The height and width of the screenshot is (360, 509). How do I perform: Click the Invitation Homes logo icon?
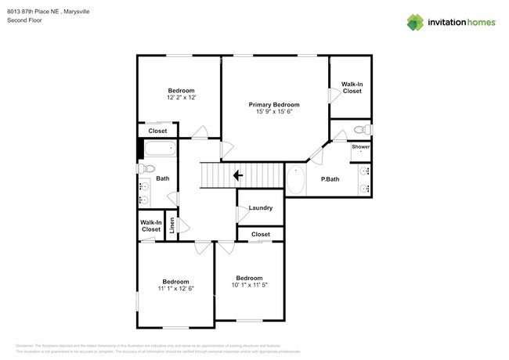pos(416,22)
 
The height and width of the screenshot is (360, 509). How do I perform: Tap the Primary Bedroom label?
pos(274,104)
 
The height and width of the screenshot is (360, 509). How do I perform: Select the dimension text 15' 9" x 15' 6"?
pos(274,112)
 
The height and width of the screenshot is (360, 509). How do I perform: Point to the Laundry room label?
pos(260,207)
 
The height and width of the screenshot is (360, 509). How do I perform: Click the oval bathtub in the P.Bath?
pos(297,181)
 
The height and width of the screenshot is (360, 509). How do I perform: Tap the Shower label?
pos(360,146)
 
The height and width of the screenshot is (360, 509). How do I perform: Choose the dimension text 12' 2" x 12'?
pos(181,98)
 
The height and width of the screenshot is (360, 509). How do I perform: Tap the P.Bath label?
pos(330,179)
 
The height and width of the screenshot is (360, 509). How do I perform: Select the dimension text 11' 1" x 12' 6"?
pos(175,289)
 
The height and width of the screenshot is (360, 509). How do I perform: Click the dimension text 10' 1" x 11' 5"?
pos(249,285)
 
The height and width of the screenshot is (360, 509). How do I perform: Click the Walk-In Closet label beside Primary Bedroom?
pos(352,88)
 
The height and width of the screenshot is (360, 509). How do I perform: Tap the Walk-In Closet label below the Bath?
pos(151,226)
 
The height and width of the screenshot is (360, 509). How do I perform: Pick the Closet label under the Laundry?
pos(260,234)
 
